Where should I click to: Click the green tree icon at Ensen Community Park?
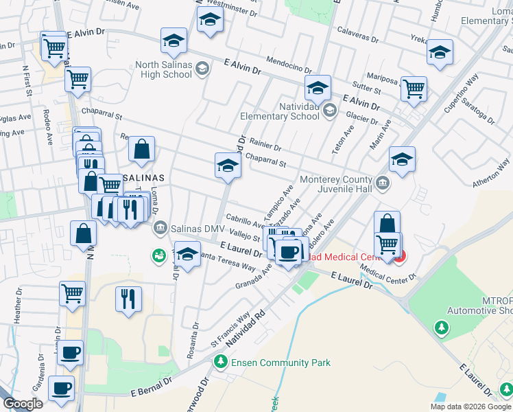point(220,361)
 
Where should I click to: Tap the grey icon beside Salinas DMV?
point(160,227)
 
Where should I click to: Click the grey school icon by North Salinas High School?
point(202,68)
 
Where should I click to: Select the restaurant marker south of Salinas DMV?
point(128,299)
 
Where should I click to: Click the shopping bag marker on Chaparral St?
point(141,150)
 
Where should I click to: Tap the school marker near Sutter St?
point(318,89)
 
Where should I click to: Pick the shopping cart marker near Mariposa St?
point(414,89)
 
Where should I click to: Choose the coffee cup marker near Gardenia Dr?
point(62,389)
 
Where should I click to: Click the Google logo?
point(23,404)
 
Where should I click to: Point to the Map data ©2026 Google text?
point(470,407)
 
